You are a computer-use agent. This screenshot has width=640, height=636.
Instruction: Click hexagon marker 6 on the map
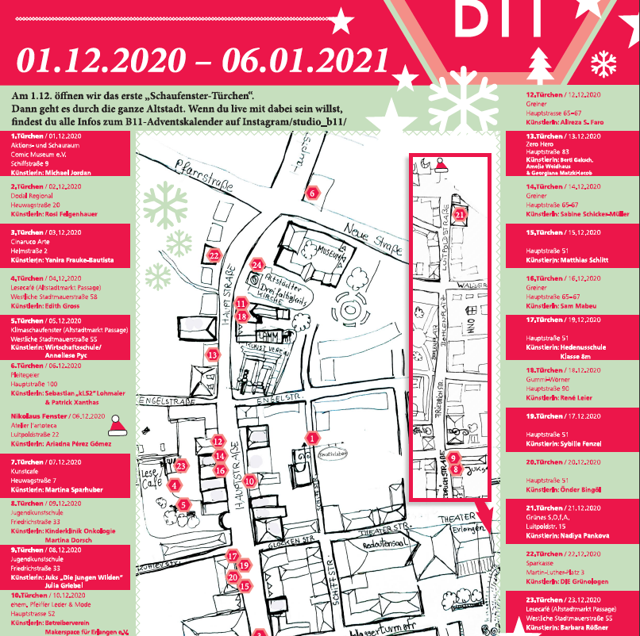(312, 193)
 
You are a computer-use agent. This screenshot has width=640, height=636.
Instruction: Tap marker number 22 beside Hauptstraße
(213, 255)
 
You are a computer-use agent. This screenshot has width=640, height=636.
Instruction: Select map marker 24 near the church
(256, 265)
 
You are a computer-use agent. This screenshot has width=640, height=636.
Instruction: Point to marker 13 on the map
(212, 355)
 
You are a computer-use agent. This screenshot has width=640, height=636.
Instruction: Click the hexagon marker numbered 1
(312, 437)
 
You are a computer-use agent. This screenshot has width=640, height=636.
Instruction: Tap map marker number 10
(249, 480)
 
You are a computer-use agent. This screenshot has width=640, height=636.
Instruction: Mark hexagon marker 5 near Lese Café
(183, 504)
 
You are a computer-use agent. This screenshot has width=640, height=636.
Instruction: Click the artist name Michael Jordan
(71, 172)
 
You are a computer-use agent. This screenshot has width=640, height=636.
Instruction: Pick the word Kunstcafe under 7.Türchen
(26, 471)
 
